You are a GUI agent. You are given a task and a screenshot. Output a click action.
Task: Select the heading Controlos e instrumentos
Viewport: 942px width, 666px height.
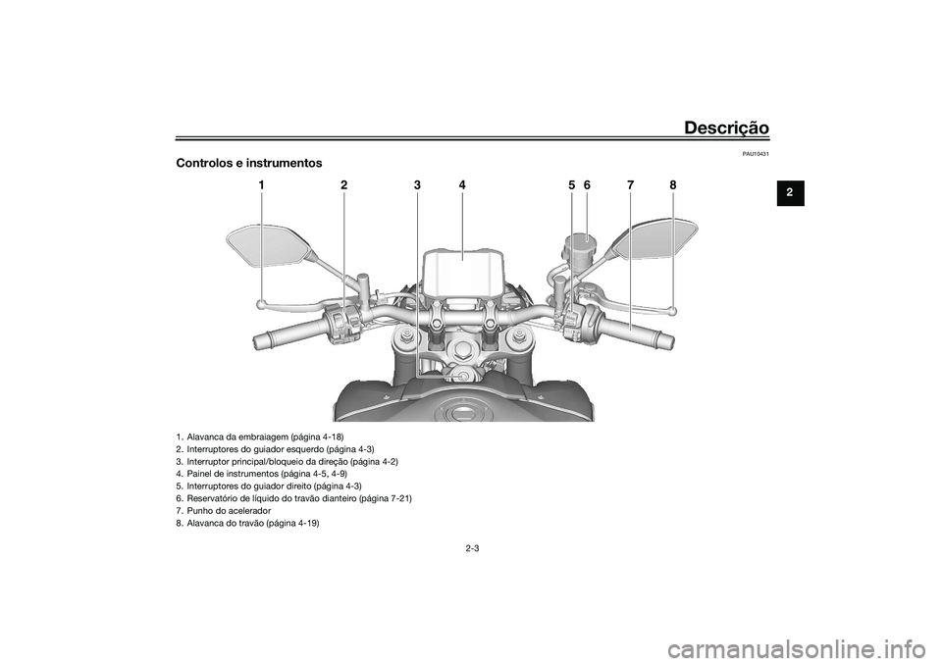click(248, 162)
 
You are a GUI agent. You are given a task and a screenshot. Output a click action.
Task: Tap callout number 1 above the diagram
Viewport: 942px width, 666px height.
click(262, 185)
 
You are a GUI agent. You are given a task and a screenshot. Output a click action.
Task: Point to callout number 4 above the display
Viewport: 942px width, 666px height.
click(461, 185)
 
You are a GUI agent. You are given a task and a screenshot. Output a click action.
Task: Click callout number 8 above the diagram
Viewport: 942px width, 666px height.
click(674, 185)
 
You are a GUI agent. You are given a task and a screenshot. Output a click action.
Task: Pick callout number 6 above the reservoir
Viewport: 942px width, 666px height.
click(586, 185)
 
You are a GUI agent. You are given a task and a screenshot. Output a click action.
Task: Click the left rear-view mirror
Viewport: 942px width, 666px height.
click(266, 244)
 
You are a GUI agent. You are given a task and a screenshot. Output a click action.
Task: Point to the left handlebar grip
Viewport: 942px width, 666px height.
click(281, 339)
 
